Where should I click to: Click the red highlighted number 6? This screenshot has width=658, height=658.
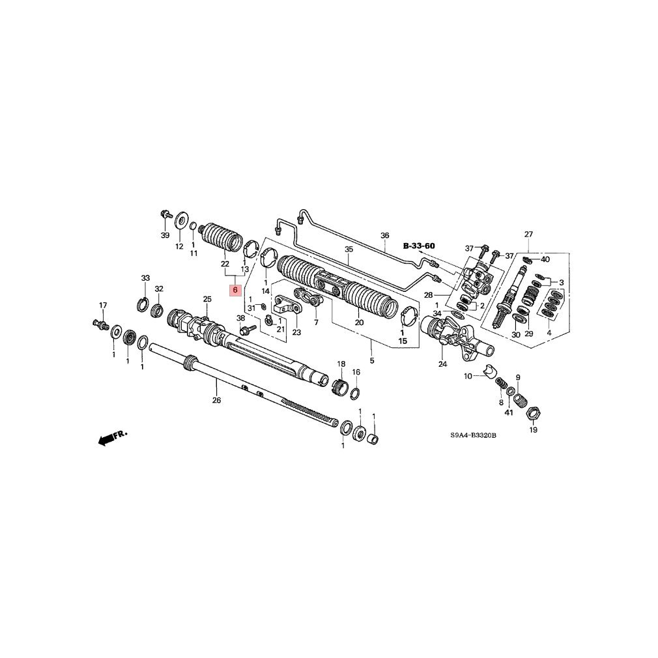(x=235, y=289)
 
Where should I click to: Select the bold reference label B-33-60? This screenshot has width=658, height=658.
(x=419, y=246)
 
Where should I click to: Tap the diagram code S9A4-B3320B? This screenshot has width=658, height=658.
(x=474, y=436)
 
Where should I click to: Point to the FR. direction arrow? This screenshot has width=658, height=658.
(x=112, y=437)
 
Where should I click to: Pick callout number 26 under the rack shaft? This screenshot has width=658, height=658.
(x=216, y=401)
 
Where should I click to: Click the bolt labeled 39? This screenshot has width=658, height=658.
(x=165, y=215)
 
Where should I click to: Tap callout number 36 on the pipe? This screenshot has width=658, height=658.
(x=385, y=235)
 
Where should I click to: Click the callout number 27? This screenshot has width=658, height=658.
(x=528, y=234)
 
